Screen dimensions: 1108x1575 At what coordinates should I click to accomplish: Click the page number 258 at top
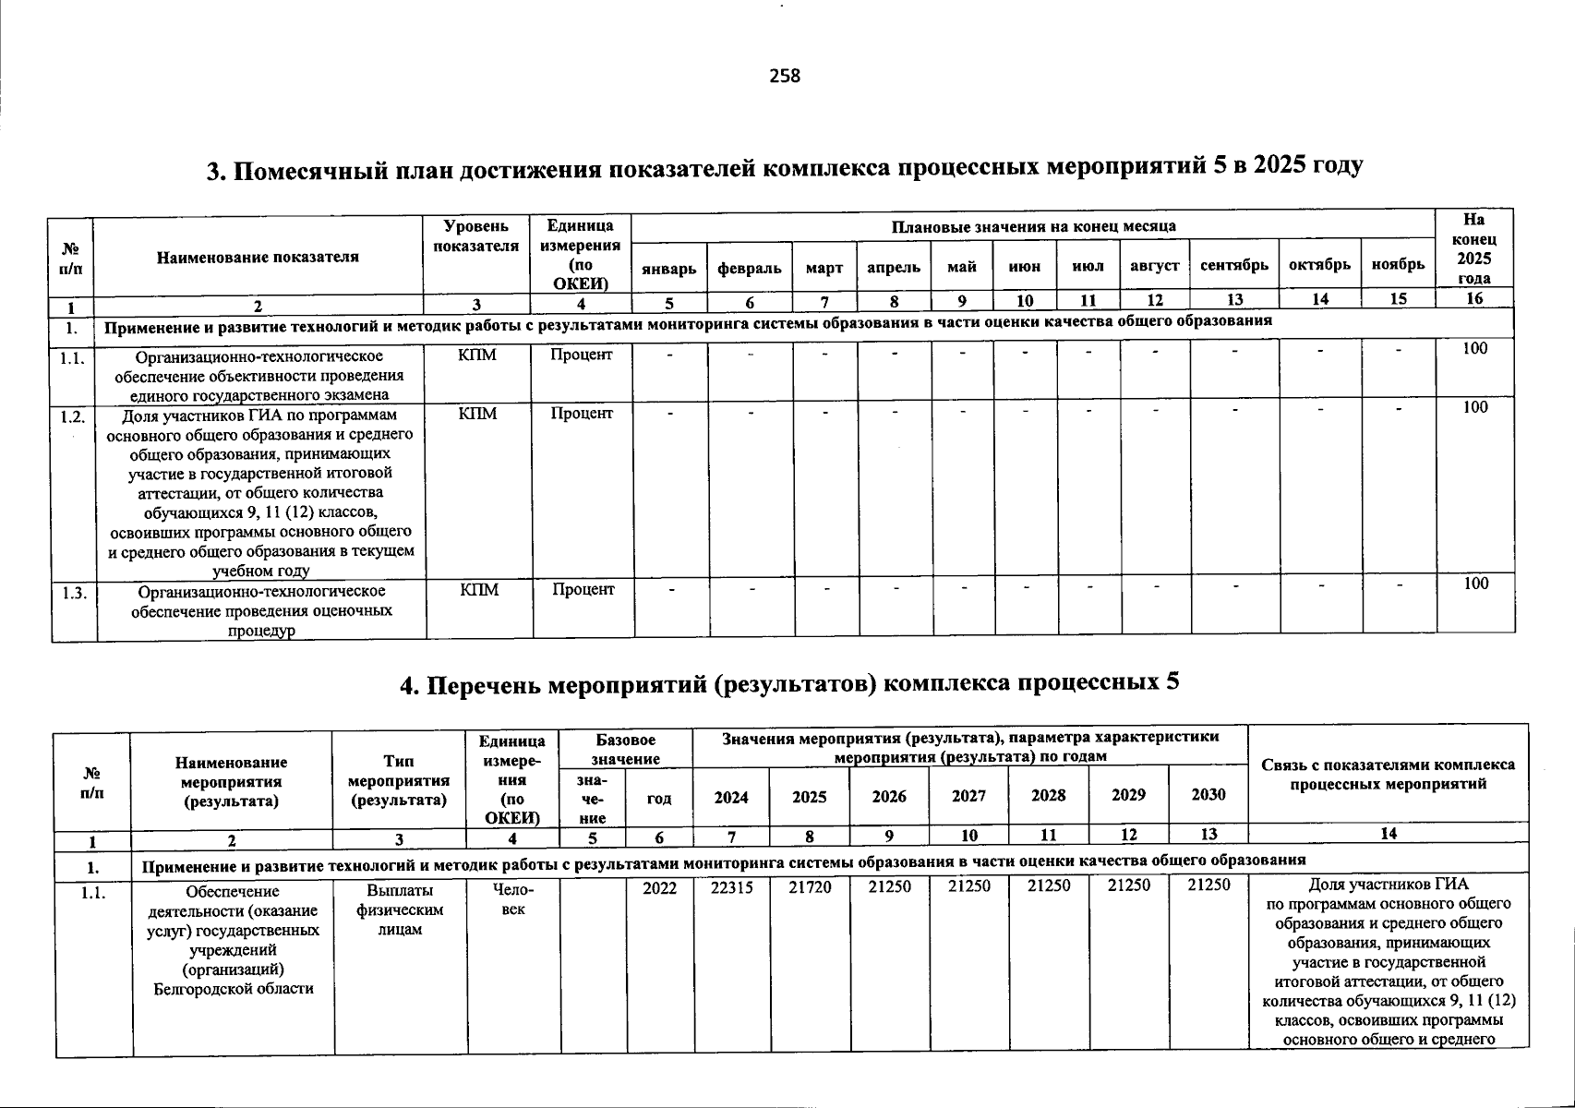tap(785, 77)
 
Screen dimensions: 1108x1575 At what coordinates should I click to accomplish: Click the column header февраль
tap(750, 268)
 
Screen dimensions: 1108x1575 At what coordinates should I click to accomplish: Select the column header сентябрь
tap(1234, 266)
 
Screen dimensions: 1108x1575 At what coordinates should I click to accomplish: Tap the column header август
tap(1154, 266)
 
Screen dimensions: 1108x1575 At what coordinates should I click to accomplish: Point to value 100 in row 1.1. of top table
tap(1475, 348)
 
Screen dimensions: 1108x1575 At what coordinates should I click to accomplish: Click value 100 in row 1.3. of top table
tap(1475, 583)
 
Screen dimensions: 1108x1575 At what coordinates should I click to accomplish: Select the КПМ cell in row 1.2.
tap(477, 414)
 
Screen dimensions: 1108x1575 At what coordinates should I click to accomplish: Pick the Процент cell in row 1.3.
tap(583, 589)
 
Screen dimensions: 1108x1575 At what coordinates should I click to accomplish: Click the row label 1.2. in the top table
tap(73, 416)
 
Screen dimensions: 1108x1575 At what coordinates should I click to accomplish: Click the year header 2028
tap(1048, 796)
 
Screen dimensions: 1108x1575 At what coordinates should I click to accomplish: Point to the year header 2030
tap(1208, 795)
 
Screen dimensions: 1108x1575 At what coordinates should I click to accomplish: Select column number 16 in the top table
tap(1474, 298)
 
